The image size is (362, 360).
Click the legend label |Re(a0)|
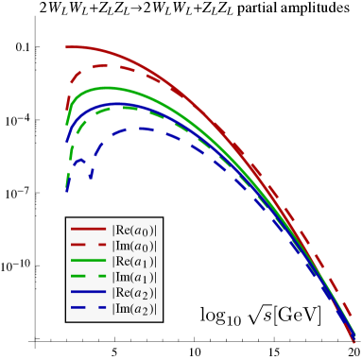[134, 229]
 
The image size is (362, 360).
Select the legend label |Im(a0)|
[134, 245]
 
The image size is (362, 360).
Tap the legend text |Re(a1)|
[134, 261]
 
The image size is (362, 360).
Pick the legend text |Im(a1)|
[134, 277]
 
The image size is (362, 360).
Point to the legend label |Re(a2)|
[134, 293]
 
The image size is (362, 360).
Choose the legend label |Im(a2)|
[134, 309]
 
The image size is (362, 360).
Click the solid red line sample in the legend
[88, 229]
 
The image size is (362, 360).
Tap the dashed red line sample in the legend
[88, 245]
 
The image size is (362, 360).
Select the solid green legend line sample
[88, 261]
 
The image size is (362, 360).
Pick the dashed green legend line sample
[88, 277]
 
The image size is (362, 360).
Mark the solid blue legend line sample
[88, 293]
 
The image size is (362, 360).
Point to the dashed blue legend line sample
[88, 309]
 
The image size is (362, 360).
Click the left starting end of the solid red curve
[66, 46]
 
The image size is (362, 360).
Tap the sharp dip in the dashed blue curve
[91, 176]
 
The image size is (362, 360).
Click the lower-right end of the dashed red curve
[353, 318]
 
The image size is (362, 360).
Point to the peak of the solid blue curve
[118, 103]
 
